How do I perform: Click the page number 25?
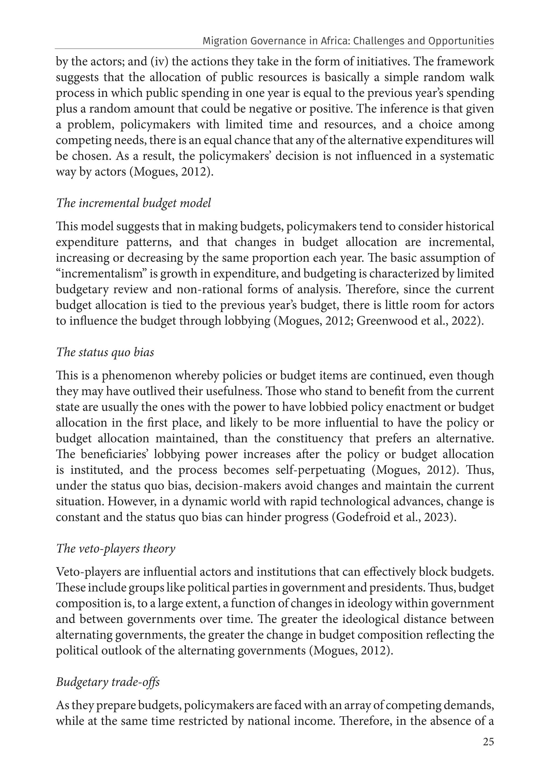pos(488,751)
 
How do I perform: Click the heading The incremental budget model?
pos(133,203)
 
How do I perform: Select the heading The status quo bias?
pos(105,352)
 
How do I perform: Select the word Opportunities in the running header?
pos(461,41)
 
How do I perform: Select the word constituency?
pos(309,439)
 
